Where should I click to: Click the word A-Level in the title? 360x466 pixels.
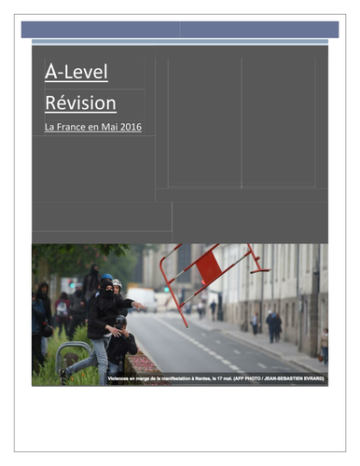coord(76,72)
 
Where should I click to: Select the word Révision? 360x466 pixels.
coord(80,103)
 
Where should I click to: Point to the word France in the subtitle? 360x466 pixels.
coord(75,127)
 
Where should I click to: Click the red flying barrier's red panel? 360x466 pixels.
coord(208,267)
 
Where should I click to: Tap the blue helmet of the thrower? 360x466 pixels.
coord(107,279)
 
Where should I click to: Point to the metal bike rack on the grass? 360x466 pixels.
coord(73,355)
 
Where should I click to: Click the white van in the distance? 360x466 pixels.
coord(142,298)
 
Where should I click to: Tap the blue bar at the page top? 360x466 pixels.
coord(179,29)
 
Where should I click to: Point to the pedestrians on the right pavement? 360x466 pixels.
coord(272,325)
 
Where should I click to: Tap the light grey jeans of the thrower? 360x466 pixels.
coord(93,355)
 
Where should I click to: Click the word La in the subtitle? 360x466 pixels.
coord(49,127)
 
